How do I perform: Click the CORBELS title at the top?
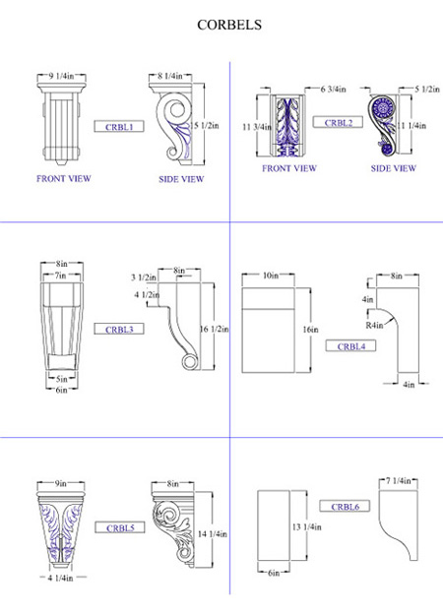[229, 25]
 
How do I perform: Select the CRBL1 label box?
[119, 126]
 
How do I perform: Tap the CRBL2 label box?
[338, 122]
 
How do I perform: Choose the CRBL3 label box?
[119, 329]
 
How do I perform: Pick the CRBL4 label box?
[350, 346]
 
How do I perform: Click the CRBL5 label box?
[120, 527]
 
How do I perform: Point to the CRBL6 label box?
[345, 507]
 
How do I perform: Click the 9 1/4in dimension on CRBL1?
[61, 76]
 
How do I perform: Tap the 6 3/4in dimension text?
[333, 89]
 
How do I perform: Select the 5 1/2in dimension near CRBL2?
[427, 89]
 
